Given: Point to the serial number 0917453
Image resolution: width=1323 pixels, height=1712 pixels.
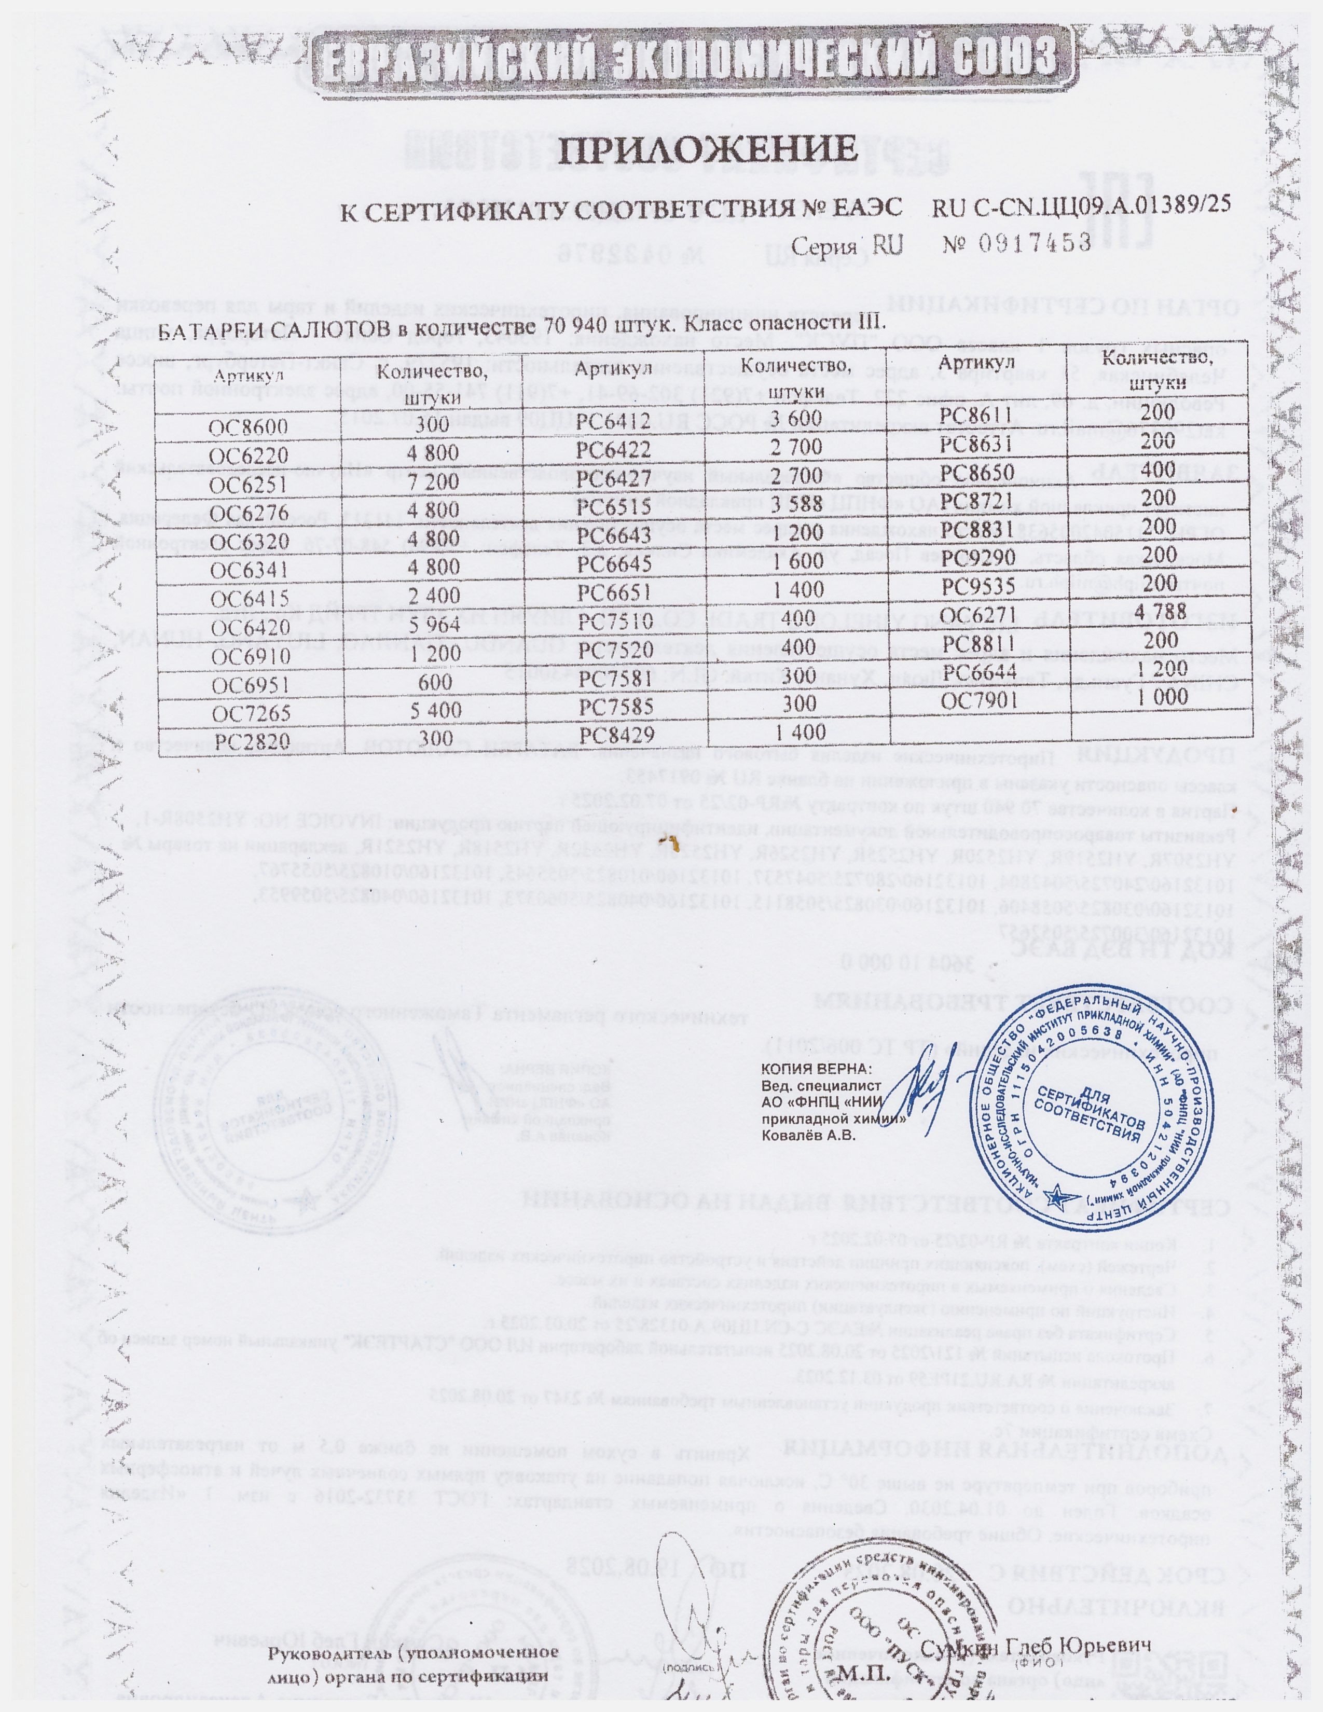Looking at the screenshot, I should coord(1035,243).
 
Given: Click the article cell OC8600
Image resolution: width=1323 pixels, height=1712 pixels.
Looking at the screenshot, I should coord(249,427).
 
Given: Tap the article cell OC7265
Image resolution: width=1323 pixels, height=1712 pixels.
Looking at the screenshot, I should coord(249,713).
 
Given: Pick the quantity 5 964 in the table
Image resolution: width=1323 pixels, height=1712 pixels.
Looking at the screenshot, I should coord(430,627).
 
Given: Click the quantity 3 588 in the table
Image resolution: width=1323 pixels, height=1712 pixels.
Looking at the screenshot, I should coord(795,503).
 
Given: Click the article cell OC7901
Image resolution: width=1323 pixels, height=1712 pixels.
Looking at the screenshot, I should coord(979,700).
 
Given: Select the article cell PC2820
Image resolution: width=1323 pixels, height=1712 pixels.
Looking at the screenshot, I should coord(249,741).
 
